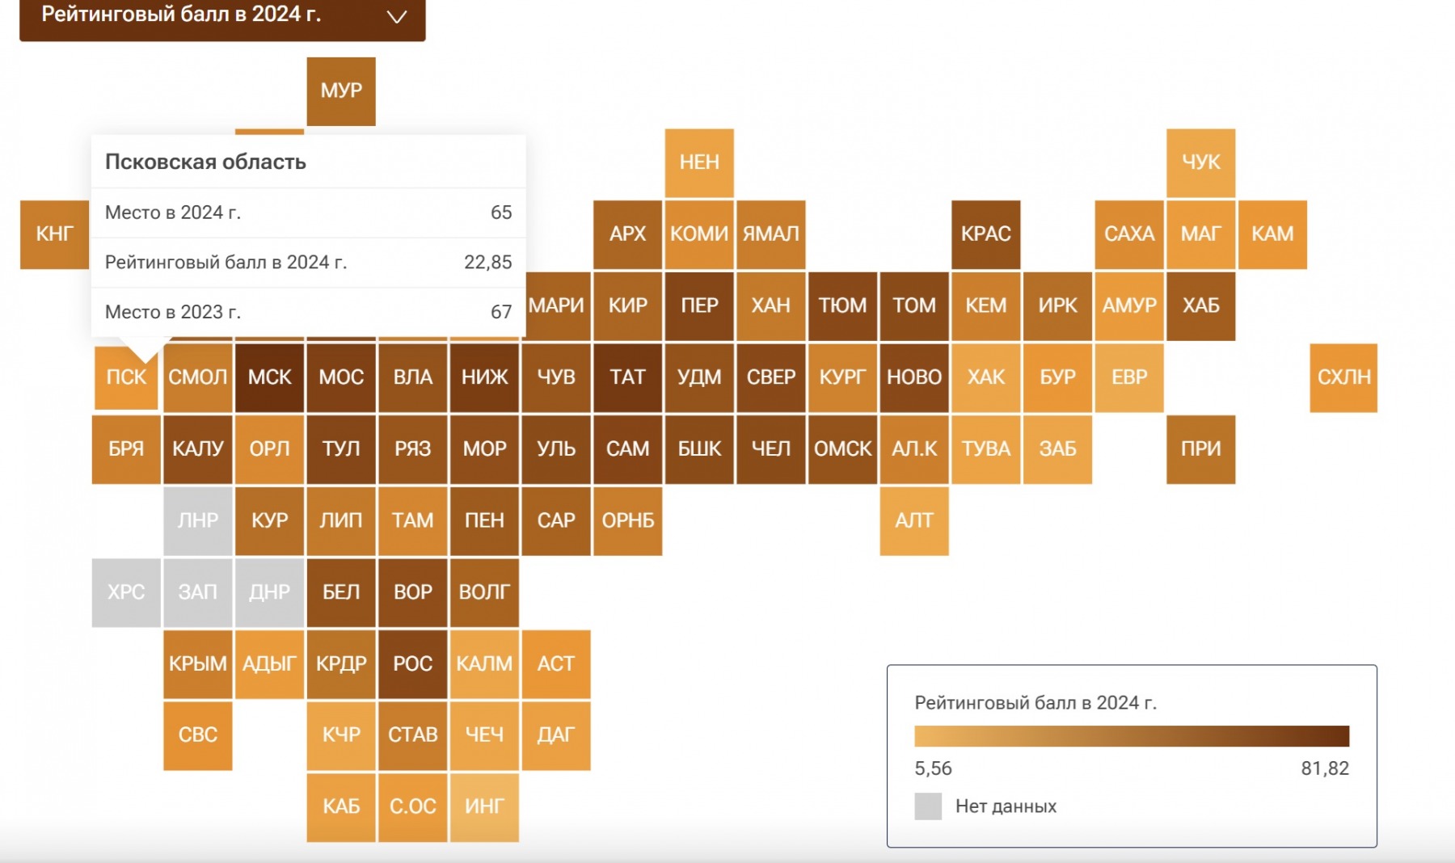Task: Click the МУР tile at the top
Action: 341,91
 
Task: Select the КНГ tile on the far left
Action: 54,234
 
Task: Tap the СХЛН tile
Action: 1343,377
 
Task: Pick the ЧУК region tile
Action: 1200,162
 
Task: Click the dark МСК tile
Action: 269,377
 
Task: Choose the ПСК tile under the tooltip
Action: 126,377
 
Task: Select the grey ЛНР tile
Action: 198,520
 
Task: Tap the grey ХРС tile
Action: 126,592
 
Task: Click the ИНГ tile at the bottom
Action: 484,806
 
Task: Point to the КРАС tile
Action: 985,234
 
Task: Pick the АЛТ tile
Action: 914,520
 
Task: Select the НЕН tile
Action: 699,162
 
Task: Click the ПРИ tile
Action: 1200,449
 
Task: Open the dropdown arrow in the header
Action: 396,17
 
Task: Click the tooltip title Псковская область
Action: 205,162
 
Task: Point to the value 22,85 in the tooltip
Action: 487,263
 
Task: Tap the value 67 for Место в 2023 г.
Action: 501,312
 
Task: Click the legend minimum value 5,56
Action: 933,768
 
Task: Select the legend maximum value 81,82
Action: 1324,768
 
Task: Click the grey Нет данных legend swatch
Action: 928,806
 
